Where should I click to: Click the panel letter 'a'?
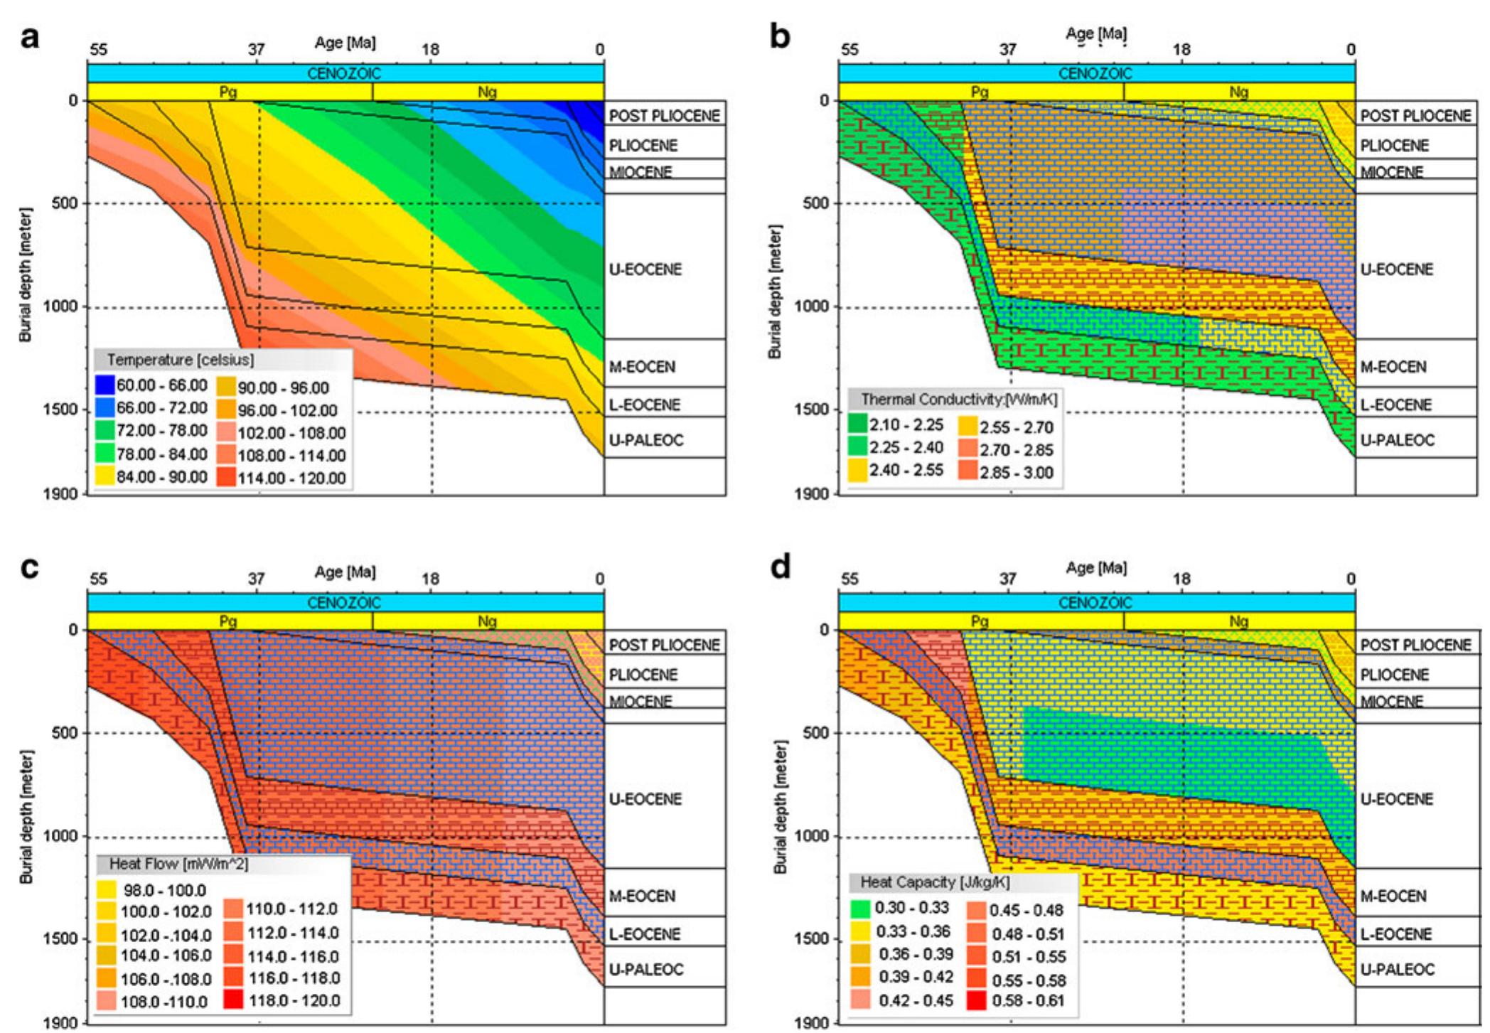tap(29, 37)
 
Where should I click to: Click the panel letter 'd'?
tap(780, 567)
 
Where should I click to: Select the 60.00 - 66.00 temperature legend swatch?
tap(104, 385)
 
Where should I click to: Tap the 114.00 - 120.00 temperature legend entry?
tap(291, 478)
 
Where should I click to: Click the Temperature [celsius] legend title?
tap(180, 360)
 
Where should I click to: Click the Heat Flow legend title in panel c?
tap(178, 864)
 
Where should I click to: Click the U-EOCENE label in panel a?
tap(645, 269)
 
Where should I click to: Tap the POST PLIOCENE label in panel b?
tap(1415, 116)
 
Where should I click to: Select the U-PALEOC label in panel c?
tap(646, 970)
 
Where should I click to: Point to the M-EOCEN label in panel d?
tap(1393, 896)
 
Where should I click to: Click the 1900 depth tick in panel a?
tap(64, 494)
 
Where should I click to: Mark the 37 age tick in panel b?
tap(1007, 50)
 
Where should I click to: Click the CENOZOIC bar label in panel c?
tap(344, 603)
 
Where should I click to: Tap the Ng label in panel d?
tap(1238, 621)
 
